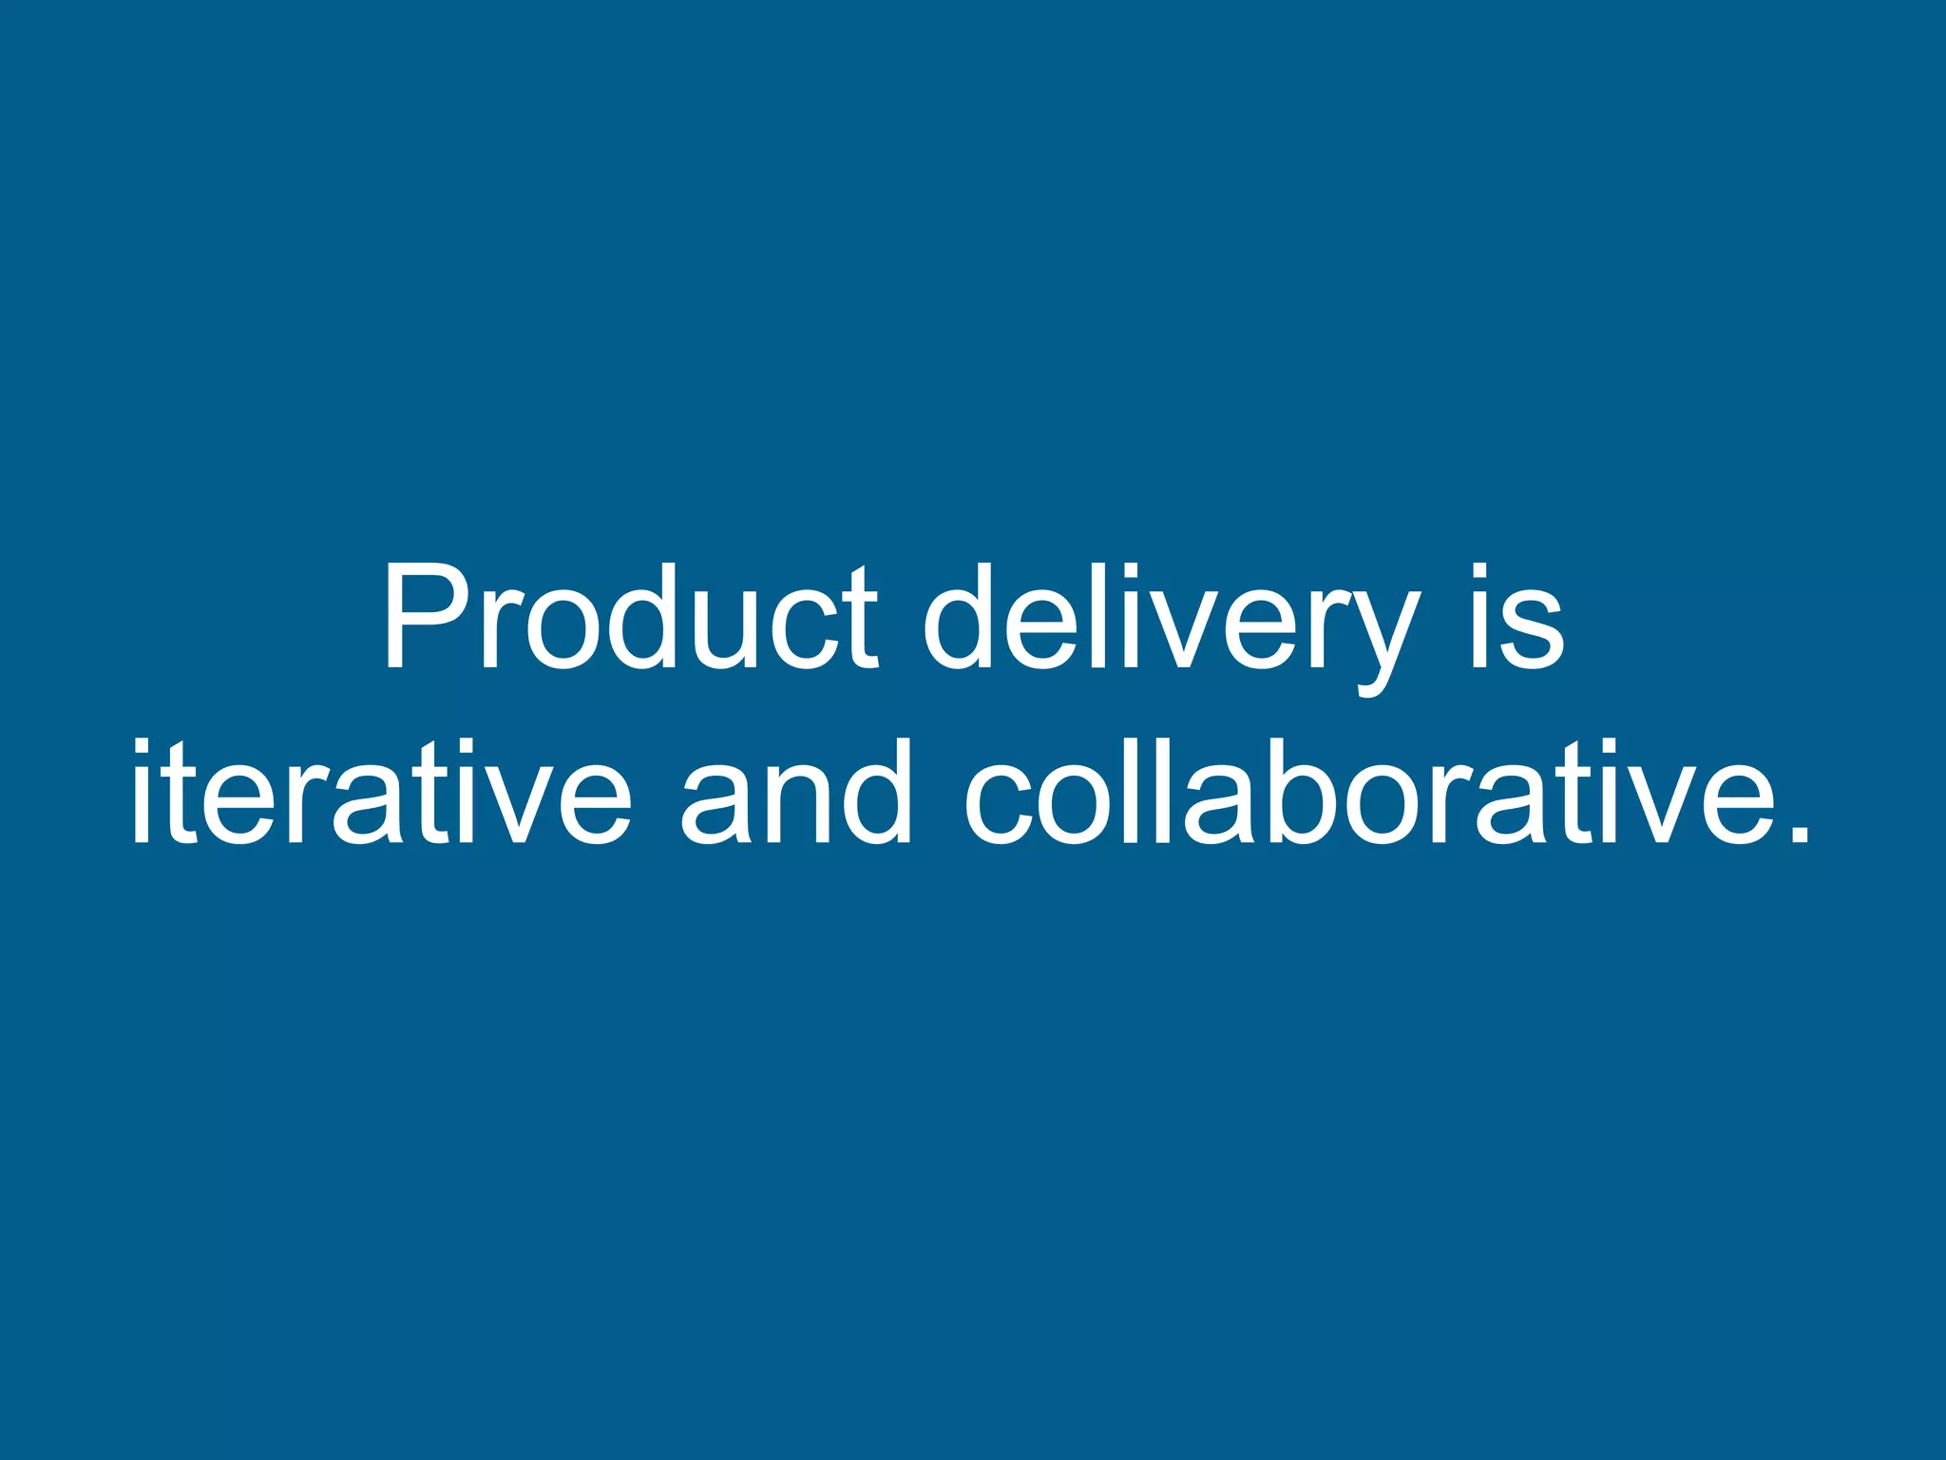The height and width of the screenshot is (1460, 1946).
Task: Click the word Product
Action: click(631, 618)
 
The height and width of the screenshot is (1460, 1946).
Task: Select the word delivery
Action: click(1173, 623)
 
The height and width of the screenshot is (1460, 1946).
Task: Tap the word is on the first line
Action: click(1515, 618)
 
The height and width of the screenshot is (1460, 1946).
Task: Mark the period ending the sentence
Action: click(1797, 833)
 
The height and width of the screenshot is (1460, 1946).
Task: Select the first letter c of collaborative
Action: click(1002, 802)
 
